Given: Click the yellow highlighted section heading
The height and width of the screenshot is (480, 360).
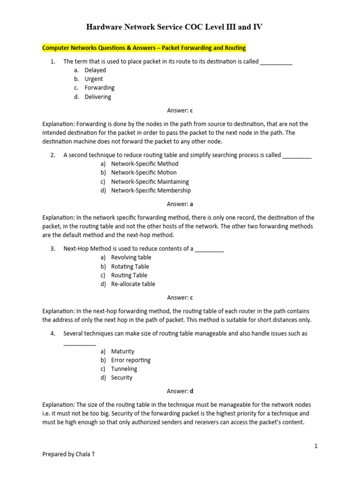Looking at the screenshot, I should coord(144,48).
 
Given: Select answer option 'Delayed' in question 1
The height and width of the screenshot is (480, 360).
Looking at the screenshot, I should coord(95,70).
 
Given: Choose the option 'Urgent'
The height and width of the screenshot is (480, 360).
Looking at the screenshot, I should coord(94,79).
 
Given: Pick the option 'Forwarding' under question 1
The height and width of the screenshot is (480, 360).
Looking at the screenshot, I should coord(99,88).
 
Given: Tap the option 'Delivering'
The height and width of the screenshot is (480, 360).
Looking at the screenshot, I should coord(98,97).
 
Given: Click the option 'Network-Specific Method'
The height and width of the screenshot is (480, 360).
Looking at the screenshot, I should coord(144,164).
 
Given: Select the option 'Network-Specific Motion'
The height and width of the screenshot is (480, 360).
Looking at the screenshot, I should coord(143,172).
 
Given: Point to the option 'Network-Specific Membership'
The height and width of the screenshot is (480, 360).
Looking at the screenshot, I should coord(151,190).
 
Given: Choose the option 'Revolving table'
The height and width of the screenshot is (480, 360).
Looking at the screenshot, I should coord(131,257).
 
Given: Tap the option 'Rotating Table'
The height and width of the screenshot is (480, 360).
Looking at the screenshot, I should coord(130,266).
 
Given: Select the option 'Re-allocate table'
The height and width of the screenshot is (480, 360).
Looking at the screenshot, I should coord(133,284).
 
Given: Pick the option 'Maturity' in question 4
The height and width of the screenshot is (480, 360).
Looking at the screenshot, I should coord(122,351).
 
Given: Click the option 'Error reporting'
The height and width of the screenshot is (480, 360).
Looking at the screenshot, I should coord(131,360).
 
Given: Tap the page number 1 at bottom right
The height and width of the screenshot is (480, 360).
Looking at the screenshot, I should coord(316,446).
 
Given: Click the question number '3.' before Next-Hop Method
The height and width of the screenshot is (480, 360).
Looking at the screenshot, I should coord(53,248).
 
